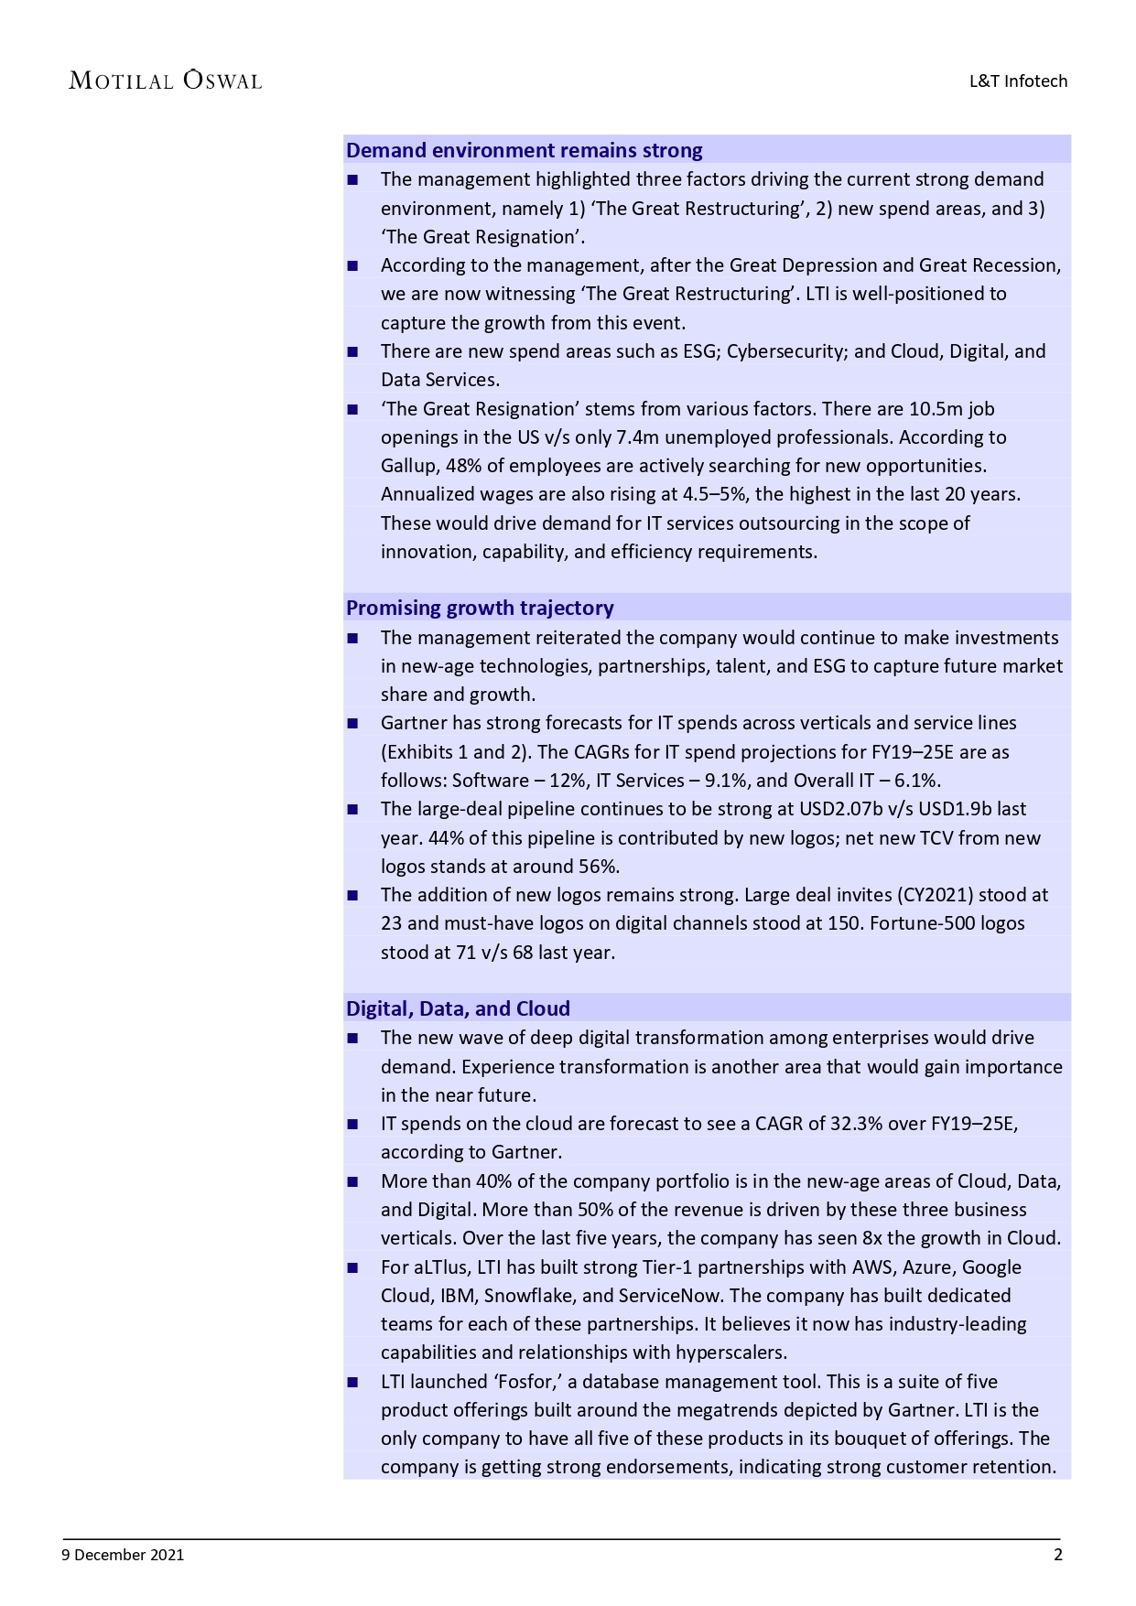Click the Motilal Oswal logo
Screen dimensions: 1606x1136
[166, 81]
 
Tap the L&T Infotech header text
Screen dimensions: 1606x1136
[1018, 81]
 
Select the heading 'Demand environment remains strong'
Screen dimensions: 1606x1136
[524, 150]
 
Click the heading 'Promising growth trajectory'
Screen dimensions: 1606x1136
[480, 608]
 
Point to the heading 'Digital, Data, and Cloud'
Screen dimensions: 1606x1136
[458, 1008]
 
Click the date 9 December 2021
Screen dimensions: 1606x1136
[123, 1554]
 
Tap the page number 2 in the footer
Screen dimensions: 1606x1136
[1058, 1554]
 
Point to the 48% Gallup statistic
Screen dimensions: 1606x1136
[463, 466]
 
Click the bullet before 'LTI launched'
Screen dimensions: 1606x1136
[352, 1382]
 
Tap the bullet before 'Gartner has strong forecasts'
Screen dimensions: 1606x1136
[352, 723]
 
